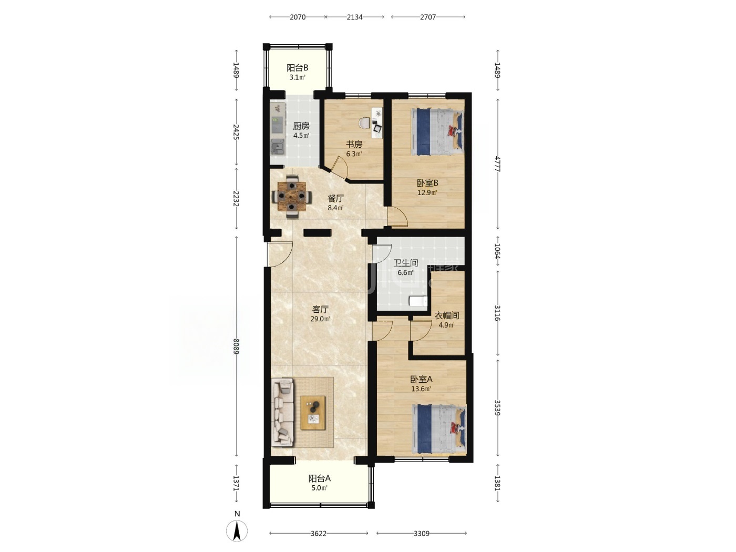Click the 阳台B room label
click(297, 68)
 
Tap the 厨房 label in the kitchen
click(301, 126)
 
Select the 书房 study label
click(354, 145)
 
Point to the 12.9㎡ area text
click(427, 193)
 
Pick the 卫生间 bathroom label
click(405, 263)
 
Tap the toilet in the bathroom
click(418, 301)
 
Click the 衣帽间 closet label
click(447, 315)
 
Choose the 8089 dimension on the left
click(236, 346)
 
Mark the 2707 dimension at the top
click(428, 17)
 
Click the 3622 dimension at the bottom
click(318, 533)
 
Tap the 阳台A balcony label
click(319, 478)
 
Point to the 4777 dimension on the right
click(498, 164)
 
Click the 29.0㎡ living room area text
click(320, 319)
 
